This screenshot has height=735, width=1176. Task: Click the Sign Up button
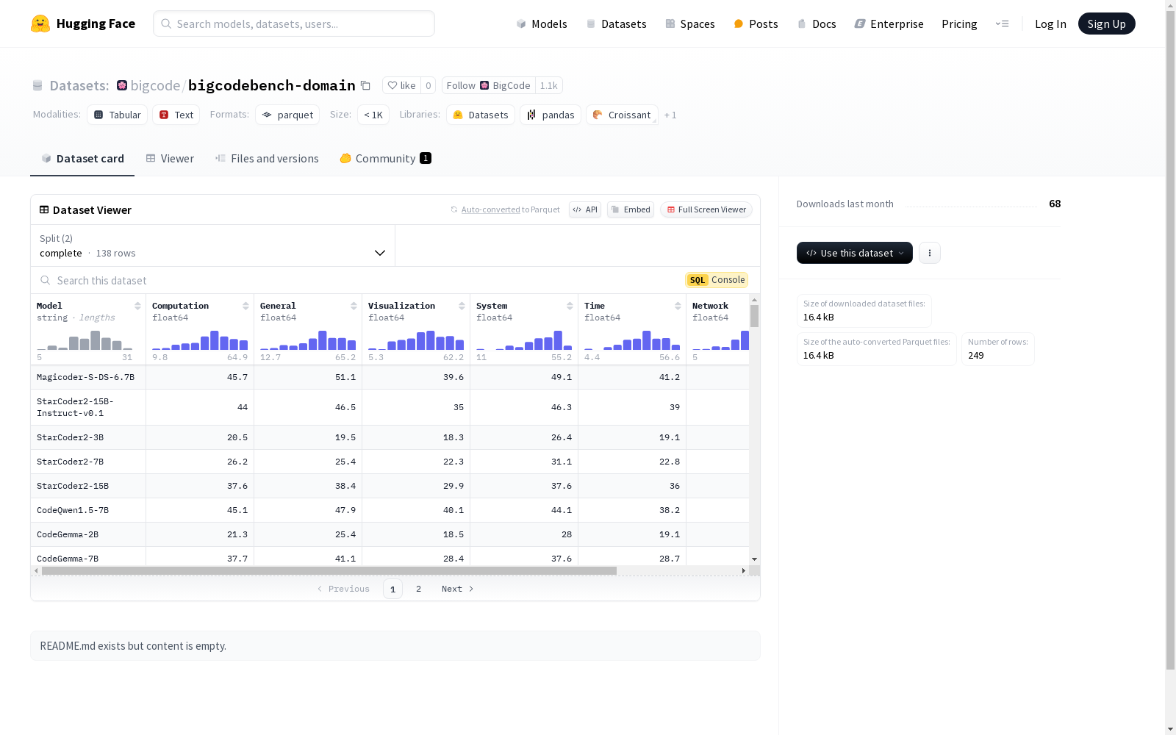(x=1106, y=24)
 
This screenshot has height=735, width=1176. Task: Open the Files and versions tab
(x=267, y=159)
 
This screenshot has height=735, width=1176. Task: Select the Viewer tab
(x=170, y=159)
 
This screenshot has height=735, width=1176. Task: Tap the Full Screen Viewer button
(x=706, y=209)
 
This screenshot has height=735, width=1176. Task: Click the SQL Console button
(x=717, y=280)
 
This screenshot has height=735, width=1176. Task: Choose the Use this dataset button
(x=854, y=253)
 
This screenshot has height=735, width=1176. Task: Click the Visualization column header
(x=401, y=306)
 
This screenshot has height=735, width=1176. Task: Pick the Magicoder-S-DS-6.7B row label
(x=85, y=377)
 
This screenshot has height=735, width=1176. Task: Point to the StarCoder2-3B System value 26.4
(x=562, y=437)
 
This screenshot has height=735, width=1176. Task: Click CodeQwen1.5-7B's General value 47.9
(x=345, y=510)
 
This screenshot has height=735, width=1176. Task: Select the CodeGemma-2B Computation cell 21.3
(x=237, y=534)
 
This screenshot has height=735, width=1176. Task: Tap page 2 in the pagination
(x=418, y=589)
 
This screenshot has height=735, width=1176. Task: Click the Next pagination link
(x=457, y=589)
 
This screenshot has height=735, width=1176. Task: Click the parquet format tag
(x=287, y=115)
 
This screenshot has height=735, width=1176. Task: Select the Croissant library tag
(x=622, y=115)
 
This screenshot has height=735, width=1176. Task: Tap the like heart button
(x=401, y=85)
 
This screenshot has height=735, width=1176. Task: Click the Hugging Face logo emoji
(x=40, y=24)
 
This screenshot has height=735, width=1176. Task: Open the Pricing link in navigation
(x=959, y=24)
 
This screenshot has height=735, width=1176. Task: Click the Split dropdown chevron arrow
(x=379, y=253)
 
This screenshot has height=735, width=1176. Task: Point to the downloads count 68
(x=1055, y=204)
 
